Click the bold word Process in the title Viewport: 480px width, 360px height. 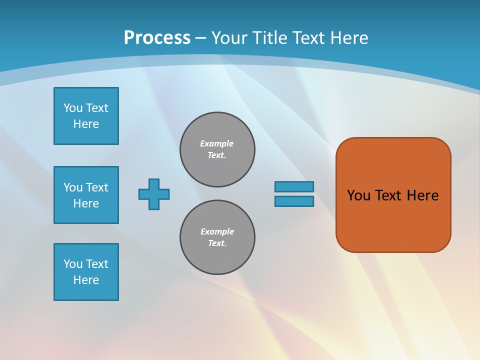click(x=157, y=38)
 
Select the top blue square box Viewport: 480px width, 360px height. click(x=86, y=116)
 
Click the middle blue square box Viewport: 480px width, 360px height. click(x=86, y=195)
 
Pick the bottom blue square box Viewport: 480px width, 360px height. click(x=86, y=272)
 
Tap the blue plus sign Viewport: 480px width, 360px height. click(x=154, y=194)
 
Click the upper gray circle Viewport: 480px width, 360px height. click(x=217, y=149)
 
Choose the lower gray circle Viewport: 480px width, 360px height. click(x=217, y=237)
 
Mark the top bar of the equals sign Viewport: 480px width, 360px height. click(x=294, y=186)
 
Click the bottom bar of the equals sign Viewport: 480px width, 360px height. click(x=294, y=201)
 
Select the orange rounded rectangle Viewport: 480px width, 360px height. click(x=393, y=195)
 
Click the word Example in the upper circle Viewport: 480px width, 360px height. click(x=216, y=143)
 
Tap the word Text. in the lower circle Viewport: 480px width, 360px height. click(x=217, y=243)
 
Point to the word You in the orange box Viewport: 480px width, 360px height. click(x=358, y=195)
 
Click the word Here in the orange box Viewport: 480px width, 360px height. click(x=422, y=195)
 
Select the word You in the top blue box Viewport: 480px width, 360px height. click(x=72, y=108)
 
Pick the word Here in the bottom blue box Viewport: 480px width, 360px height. click(x=86, y=280)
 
